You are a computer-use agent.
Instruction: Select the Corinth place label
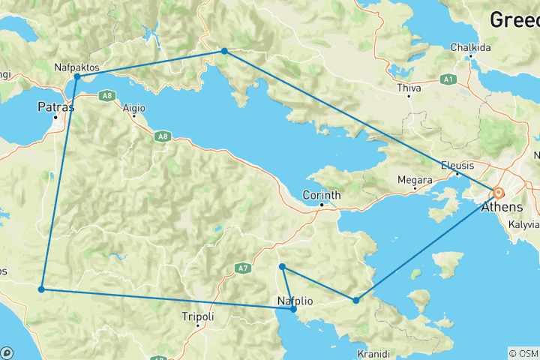click(x=321, y=195)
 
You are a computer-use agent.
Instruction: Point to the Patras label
click(x=56, y=107)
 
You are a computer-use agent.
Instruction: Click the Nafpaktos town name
click(x=77, y=67)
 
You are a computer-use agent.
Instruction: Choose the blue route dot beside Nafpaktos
click(x=77, y=76)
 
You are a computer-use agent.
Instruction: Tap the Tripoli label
click(x=198, y=317)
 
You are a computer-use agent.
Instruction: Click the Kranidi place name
click(x=371, y=353)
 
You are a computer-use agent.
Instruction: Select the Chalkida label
click(x=470, y=47)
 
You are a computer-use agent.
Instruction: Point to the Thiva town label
click(x=409, y=88)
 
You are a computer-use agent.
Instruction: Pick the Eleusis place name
click(x=457, y=165)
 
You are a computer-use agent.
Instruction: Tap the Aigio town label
click(x=133, y=107)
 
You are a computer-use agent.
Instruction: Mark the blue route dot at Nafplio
click(x=293, y=309)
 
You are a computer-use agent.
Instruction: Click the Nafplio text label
click(x=295, y=301)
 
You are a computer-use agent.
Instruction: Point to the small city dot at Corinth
click(x=321, y=205)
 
